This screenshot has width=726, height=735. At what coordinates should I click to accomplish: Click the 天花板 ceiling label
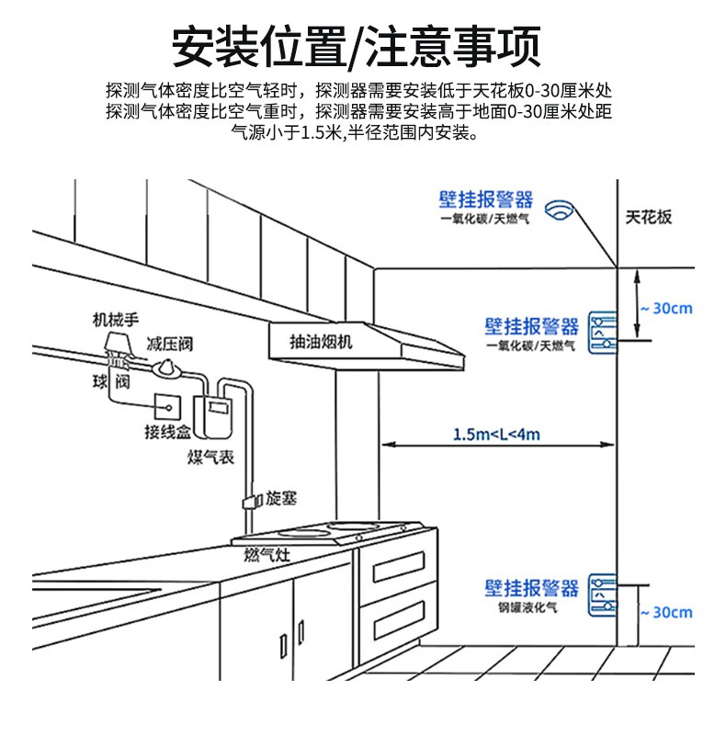pos(649,217)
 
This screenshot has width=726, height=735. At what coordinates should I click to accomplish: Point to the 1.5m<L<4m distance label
pos(496,434)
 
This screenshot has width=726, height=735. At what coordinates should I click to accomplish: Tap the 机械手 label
pos(115,320)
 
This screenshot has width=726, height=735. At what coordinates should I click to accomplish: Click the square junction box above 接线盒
pos(167,403)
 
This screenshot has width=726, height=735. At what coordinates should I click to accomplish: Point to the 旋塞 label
pos(282,499)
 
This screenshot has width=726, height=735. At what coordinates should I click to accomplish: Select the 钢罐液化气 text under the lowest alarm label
pos(539,608)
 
